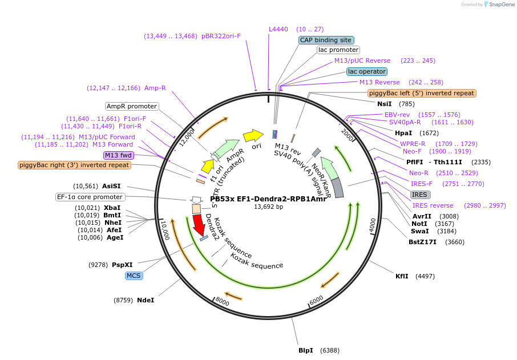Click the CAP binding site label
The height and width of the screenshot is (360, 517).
click(x=326, y=40)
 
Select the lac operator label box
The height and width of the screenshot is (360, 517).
click(x=367, y=71)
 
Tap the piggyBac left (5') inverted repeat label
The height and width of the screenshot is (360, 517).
click(x=422, y=93)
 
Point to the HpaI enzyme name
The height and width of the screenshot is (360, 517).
click(x=403, y=133)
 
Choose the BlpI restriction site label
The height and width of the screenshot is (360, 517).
click(x=306, y=350)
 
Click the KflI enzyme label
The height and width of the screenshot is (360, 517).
click(x=402, y=276)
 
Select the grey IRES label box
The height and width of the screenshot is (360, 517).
click(x=421, y=195)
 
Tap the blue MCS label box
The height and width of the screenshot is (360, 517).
click(x=134, y=276)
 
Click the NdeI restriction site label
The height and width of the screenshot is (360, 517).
click(x=146, y=300)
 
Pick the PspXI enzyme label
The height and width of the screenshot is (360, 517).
click(x=122, y=265)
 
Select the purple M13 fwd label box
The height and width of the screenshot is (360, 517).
click(x=118, y=155)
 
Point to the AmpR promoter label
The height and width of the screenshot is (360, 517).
click(x=132, y=106)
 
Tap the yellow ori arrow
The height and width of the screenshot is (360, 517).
click(x=253, y=135)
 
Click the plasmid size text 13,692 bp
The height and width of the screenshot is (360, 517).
click(x=268, y=207)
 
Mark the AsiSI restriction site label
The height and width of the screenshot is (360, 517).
click(x=111, y=186)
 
